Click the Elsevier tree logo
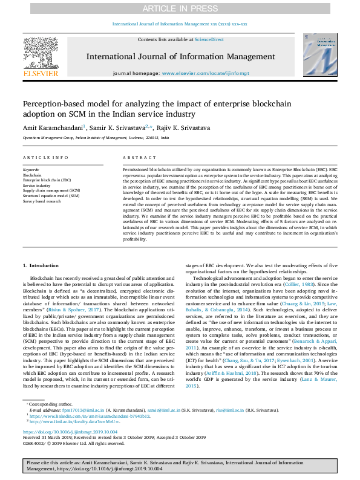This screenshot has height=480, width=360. tap(41, 55)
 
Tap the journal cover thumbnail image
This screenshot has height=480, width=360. tap(319, 55)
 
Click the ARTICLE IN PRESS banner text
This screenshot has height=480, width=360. tap(180, 8)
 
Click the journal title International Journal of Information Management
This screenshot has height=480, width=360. tap(180, 57)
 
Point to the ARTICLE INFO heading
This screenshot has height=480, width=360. tap(45, 157)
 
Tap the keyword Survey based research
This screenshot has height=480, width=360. tap(42, 201)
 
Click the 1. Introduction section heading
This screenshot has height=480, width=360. tap(41, 266)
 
